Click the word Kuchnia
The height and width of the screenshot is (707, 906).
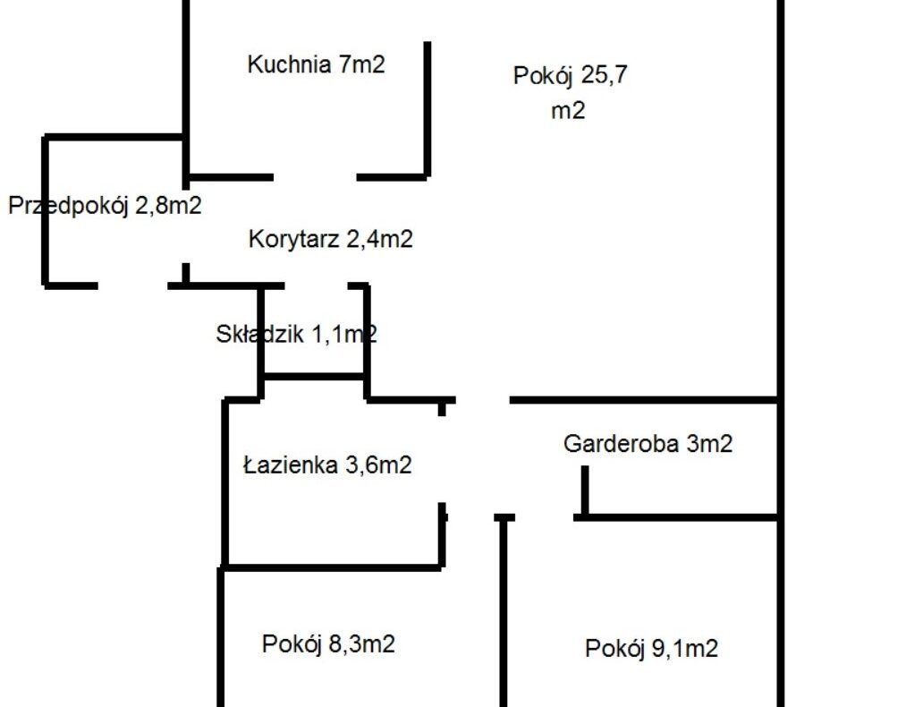[x=289, y=64]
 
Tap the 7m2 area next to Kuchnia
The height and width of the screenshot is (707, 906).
[x=361, y=64]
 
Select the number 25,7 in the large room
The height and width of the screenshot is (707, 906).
[x=605, y=75]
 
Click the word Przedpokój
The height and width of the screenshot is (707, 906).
[x=68, y=206]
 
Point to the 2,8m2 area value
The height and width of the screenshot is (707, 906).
[x=168, y=205]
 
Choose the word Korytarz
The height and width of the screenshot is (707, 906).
[x=293, y=239]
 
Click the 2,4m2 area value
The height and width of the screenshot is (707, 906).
[x=379, y=239]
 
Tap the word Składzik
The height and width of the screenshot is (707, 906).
[x=259, y=334]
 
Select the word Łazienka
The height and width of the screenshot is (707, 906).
[x=291, y=464]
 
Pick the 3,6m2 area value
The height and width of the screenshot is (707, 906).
[x=378, y=464]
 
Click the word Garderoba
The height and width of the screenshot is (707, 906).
[x=621, y=443]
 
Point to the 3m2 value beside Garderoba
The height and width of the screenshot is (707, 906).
[x=709, y=443]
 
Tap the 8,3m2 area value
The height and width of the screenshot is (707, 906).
[x=361, y=643]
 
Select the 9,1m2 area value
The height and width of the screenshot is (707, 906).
[x=685, y=648]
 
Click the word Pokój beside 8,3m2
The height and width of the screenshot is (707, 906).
[x=292, y=644]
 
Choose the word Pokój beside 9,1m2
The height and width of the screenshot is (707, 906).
[x=614, y=649]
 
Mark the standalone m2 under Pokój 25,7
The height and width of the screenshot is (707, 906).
[x=568, y=110]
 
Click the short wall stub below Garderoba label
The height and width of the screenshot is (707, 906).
[x=585, y=490]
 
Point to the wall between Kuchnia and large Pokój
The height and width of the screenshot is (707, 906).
[x=428, y=108]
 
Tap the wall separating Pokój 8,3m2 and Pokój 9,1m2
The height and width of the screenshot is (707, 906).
[x=504, y=611]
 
